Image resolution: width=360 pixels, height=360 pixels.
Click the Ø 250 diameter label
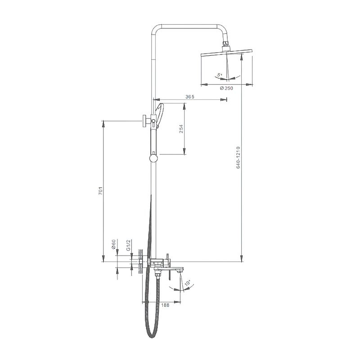pos(226,88)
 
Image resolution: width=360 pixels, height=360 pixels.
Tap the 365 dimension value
pos(190,97)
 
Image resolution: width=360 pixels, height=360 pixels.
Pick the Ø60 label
pos(113,244)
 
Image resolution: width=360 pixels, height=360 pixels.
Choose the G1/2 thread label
pos(128,245)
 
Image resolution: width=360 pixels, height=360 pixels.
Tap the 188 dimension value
pos(165,305)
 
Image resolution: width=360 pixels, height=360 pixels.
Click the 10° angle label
pos(187,283)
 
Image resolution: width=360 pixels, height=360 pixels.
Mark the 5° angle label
pos(220,75)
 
